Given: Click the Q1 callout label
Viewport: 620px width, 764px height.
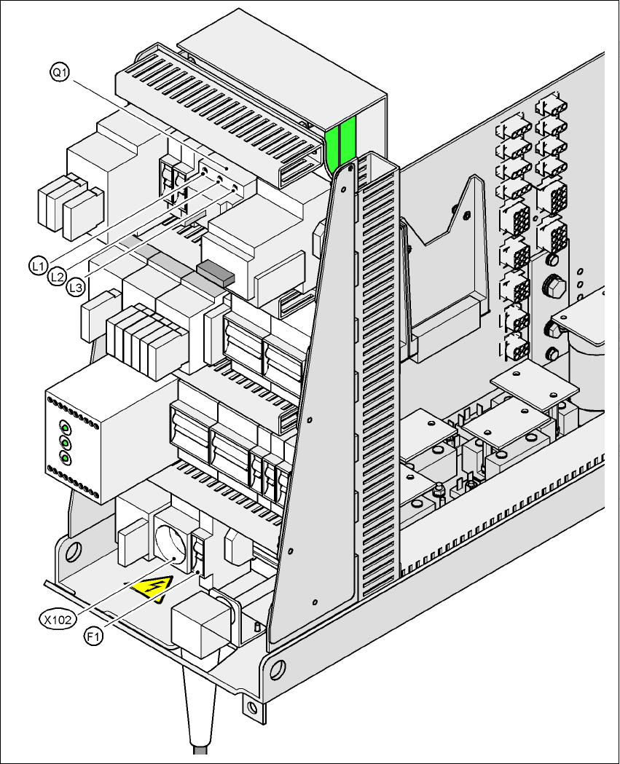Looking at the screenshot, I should point(60,72).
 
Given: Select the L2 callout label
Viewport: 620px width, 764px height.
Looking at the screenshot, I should point(58,277).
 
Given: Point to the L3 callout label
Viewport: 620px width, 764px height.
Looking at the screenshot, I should point(75,289).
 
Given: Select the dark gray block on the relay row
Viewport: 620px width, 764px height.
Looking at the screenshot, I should point(215,271).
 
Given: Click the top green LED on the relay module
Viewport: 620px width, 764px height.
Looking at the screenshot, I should point(65,428).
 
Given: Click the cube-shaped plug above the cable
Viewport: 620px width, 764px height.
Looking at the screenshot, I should point(201,622).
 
